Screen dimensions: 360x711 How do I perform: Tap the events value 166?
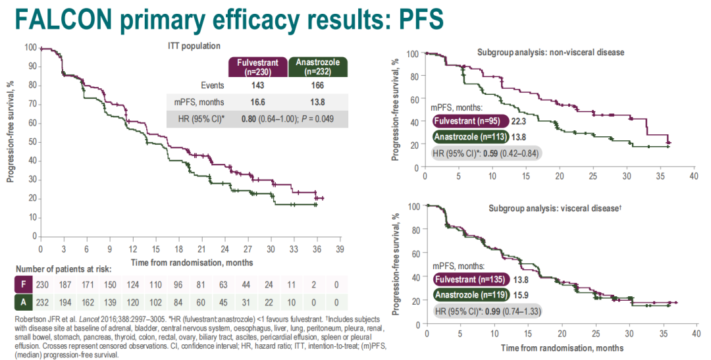[318, 85]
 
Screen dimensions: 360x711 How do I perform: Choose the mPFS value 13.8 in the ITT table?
[318, 102]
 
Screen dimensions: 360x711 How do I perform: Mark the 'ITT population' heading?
[194, 46]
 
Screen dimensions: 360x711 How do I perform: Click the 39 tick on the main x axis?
[340, 250]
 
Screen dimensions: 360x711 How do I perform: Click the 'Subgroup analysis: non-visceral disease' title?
[550, 51]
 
